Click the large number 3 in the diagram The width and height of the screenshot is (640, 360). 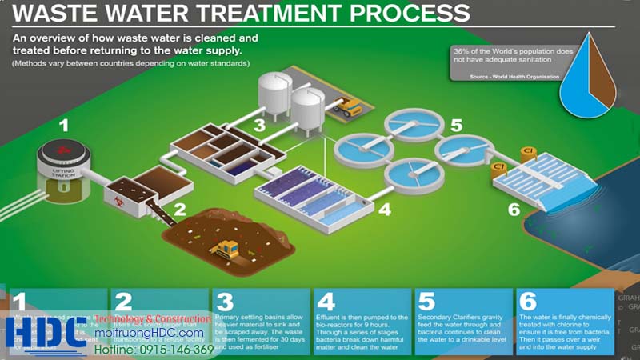(259, 125)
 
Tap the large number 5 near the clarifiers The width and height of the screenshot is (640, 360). (456, 125)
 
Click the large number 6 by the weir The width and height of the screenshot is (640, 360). (513, 210)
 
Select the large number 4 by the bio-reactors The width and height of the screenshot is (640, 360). (384, 210)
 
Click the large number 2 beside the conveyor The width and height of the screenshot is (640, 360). (180, 210)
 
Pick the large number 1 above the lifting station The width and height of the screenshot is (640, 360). (64, 125)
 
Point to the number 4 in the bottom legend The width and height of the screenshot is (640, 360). (326, 302)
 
